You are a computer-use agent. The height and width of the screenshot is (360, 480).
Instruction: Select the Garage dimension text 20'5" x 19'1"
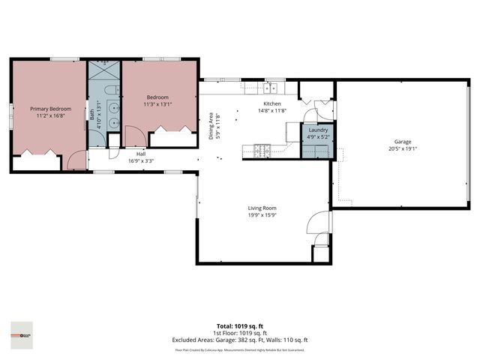403,148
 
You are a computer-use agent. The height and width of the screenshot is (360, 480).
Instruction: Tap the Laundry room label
317,130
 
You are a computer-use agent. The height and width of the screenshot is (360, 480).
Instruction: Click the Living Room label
262,208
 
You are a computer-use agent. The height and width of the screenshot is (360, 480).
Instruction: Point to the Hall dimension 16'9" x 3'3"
120,160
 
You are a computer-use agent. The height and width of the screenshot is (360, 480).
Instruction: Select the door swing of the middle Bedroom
133,136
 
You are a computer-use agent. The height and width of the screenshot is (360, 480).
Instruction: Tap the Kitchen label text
271,103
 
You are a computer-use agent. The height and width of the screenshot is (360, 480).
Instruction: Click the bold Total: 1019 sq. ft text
240,325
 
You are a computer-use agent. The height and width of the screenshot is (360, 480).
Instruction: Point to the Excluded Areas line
240,340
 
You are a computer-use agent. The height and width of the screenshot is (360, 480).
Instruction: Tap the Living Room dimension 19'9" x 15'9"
262,215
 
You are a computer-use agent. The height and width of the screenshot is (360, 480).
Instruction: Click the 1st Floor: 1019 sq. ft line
240,333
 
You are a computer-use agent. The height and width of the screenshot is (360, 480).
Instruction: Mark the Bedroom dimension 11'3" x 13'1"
157,104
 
